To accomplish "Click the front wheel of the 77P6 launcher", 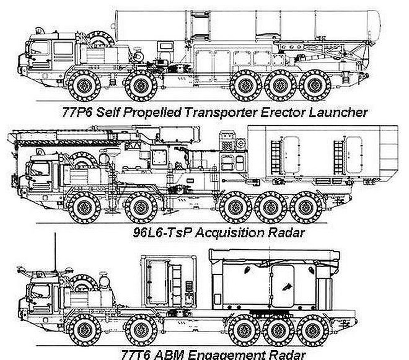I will point(84,85).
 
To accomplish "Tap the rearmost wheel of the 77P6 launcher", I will point(315,85).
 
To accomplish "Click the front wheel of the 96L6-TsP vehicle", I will point(84,207).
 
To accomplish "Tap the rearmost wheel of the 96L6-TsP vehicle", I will point(306,207).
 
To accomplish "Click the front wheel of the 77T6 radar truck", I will point(84,330).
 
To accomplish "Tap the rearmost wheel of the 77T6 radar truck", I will point(313,330).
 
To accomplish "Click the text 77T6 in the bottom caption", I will point(135,354).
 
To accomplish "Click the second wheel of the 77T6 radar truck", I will point(141,330).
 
